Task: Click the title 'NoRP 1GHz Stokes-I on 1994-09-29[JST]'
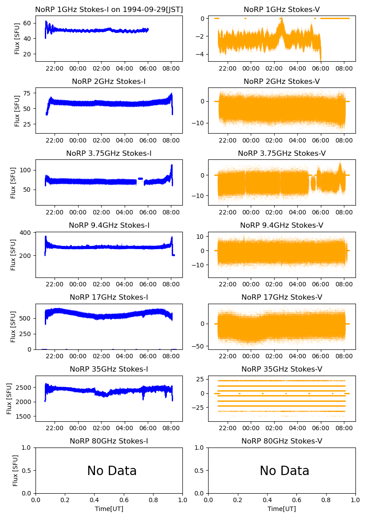[109, 10]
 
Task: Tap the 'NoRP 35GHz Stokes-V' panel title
[282, 369]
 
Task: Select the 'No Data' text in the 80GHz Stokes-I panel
[112, 471]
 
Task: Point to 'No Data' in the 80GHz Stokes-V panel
[284, 471]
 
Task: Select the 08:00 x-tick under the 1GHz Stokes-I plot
[171, 69]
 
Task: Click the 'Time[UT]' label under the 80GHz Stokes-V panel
[282, 509]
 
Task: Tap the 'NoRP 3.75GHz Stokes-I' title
[109, 154]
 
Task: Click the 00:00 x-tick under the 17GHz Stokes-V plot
[251, 357]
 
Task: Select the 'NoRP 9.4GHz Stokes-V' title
[282, 226]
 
